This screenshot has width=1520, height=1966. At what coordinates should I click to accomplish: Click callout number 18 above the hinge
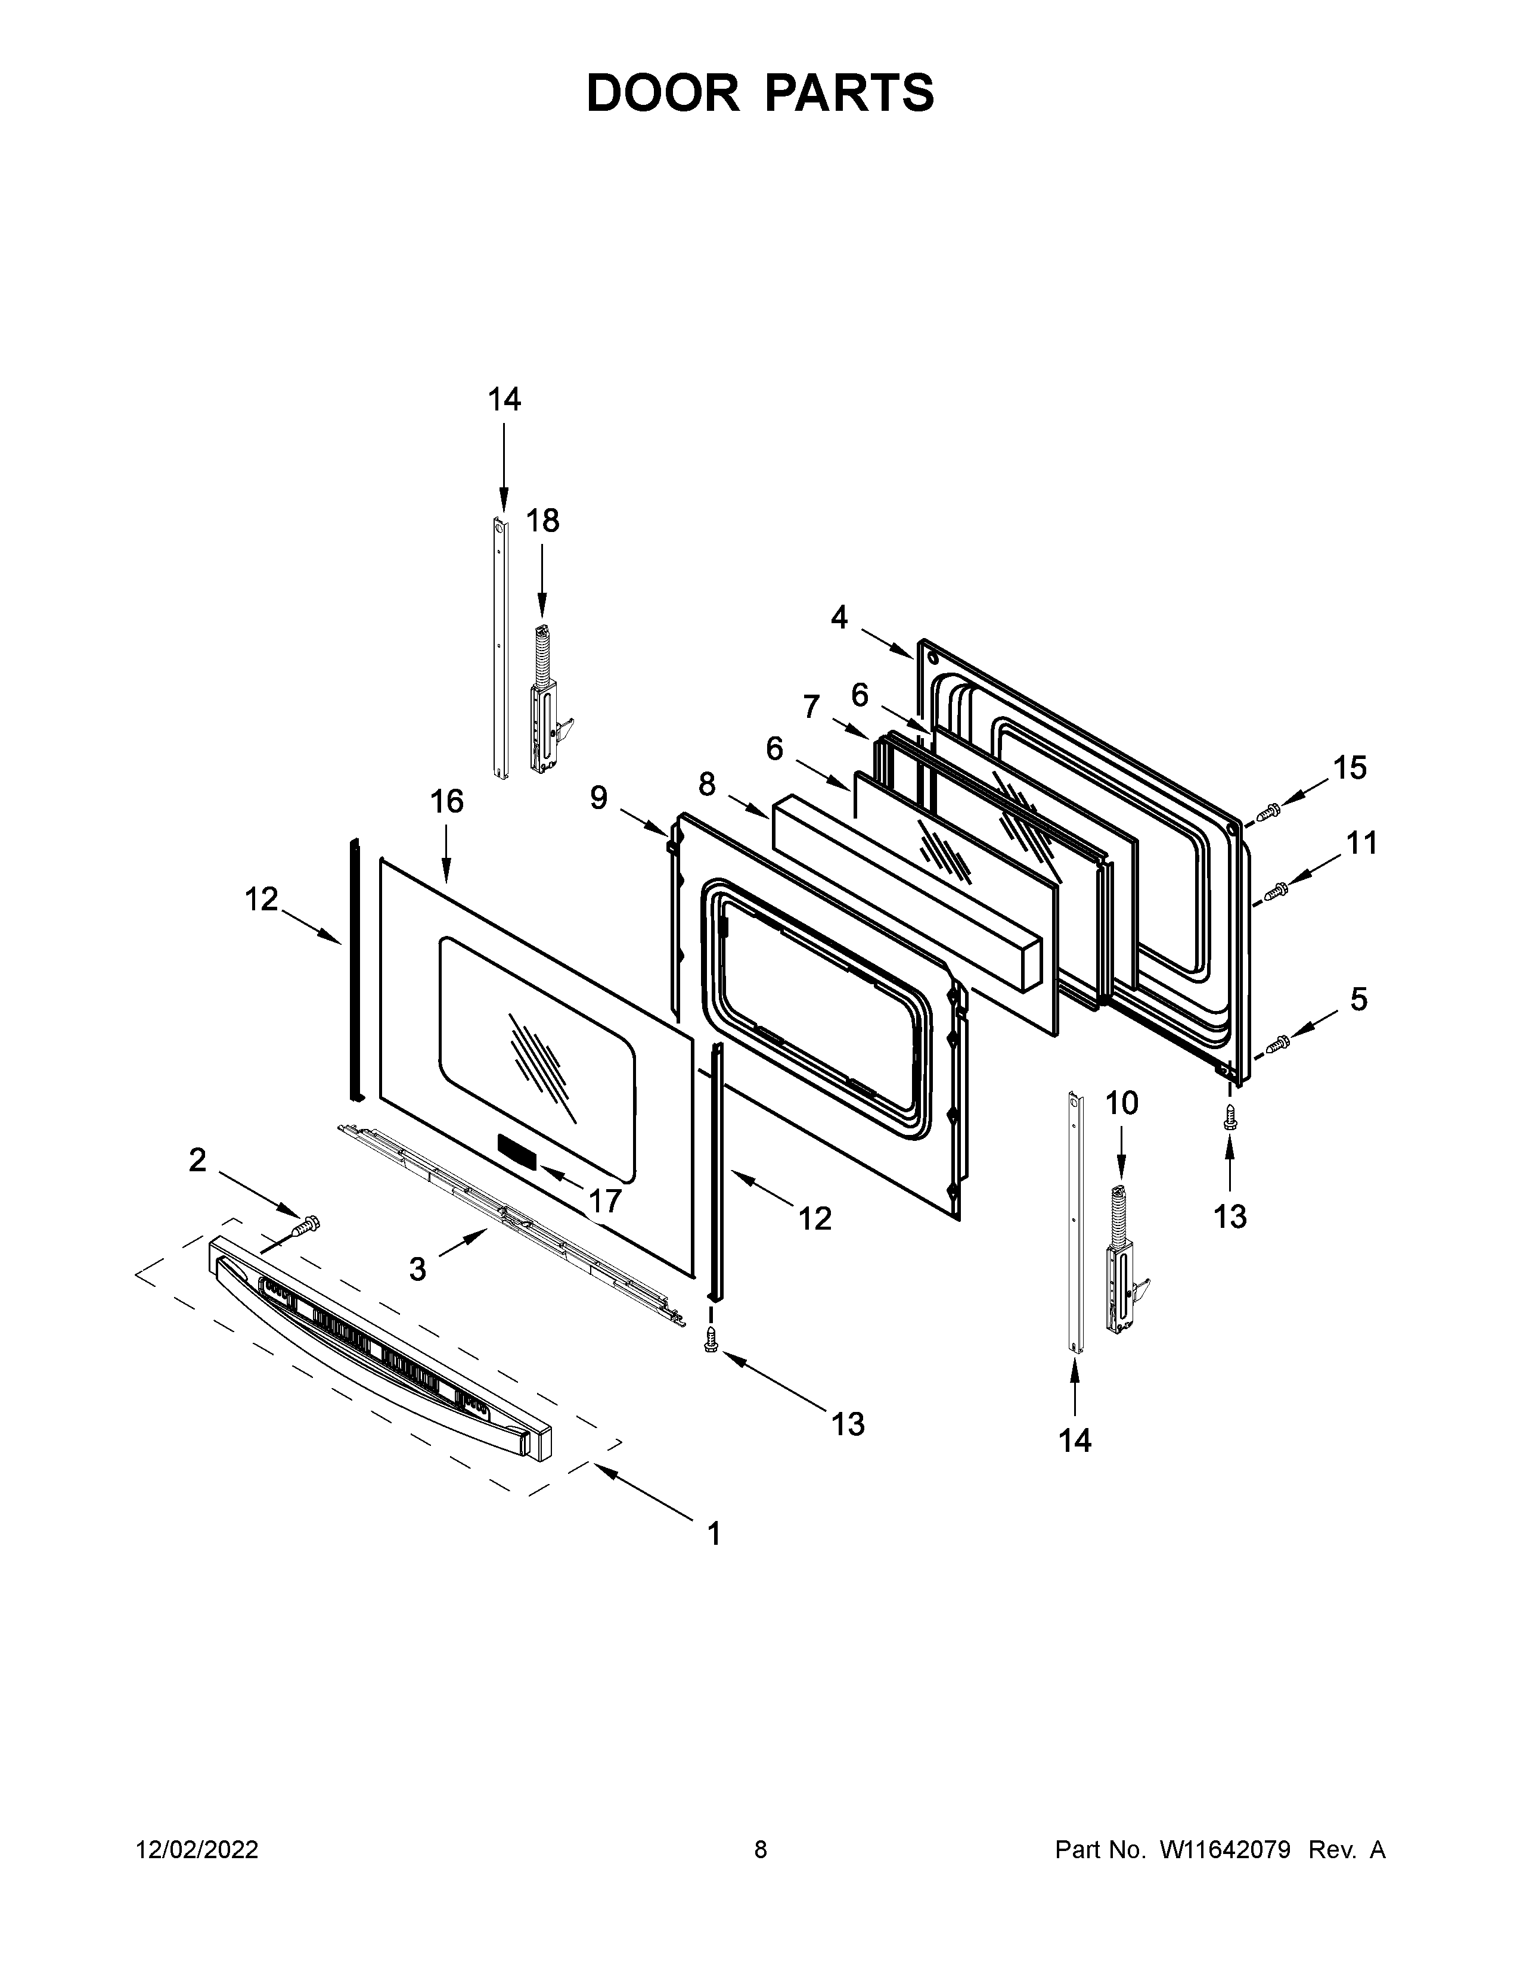pyautogui.click(x=542, y=521)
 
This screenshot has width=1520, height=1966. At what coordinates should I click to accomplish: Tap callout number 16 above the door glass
pyautogui.click(x=446, y=801)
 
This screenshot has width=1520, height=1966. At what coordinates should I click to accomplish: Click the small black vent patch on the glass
pyautogui.click(x=517, y=1152)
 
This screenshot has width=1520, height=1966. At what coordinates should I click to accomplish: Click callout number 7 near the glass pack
pyautogui.click(x=811, y=708)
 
